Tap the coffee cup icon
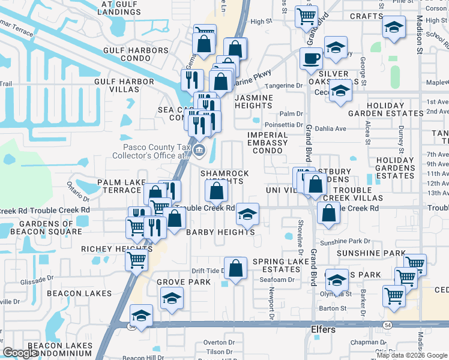pos(311,59)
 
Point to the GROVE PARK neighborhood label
pos(184,282)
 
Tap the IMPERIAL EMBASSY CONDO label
pos(267,143)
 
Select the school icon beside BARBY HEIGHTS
pos(247,214)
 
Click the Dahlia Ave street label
pos(333,128)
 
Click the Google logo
pos(21,352)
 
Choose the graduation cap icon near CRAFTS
pos(394,28)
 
